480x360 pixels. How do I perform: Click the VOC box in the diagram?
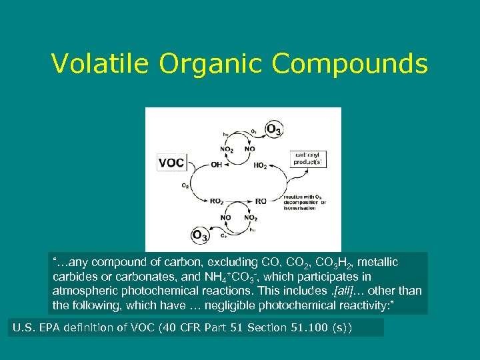point(171,163)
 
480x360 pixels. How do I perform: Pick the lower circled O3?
point(199,235)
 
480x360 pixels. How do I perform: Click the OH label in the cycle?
point(216,165)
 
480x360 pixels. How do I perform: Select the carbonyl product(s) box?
point(309,159)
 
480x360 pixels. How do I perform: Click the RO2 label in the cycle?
point(217,201)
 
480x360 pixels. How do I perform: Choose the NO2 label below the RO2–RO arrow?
point(251,218)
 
